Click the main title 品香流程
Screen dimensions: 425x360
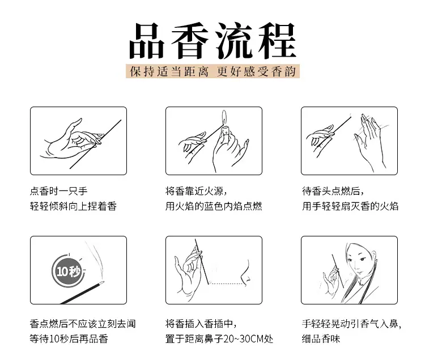tap(212, 41)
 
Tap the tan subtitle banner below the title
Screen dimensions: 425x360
tap(212, 71)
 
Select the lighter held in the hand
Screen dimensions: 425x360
tap(225, 132)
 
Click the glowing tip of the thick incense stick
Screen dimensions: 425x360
tap(102, 283)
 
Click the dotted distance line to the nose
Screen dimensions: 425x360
tap(227, 284)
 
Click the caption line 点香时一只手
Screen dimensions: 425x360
tap(59, 191)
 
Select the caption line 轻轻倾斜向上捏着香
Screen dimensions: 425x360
tap(73, 206)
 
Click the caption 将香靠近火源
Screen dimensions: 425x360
tap(196, 191)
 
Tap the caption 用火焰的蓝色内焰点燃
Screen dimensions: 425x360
tap(214, 206)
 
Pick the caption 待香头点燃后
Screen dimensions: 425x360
tap(333, 191)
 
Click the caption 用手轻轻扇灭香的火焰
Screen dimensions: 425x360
tap(350, 206)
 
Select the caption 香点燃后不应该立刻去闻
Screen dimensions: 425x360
tap(83, 324)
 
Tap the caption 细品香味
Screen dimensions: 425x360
tap(321, 339)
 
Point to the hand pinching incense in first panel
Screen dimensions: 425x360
tap(71, 139)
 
